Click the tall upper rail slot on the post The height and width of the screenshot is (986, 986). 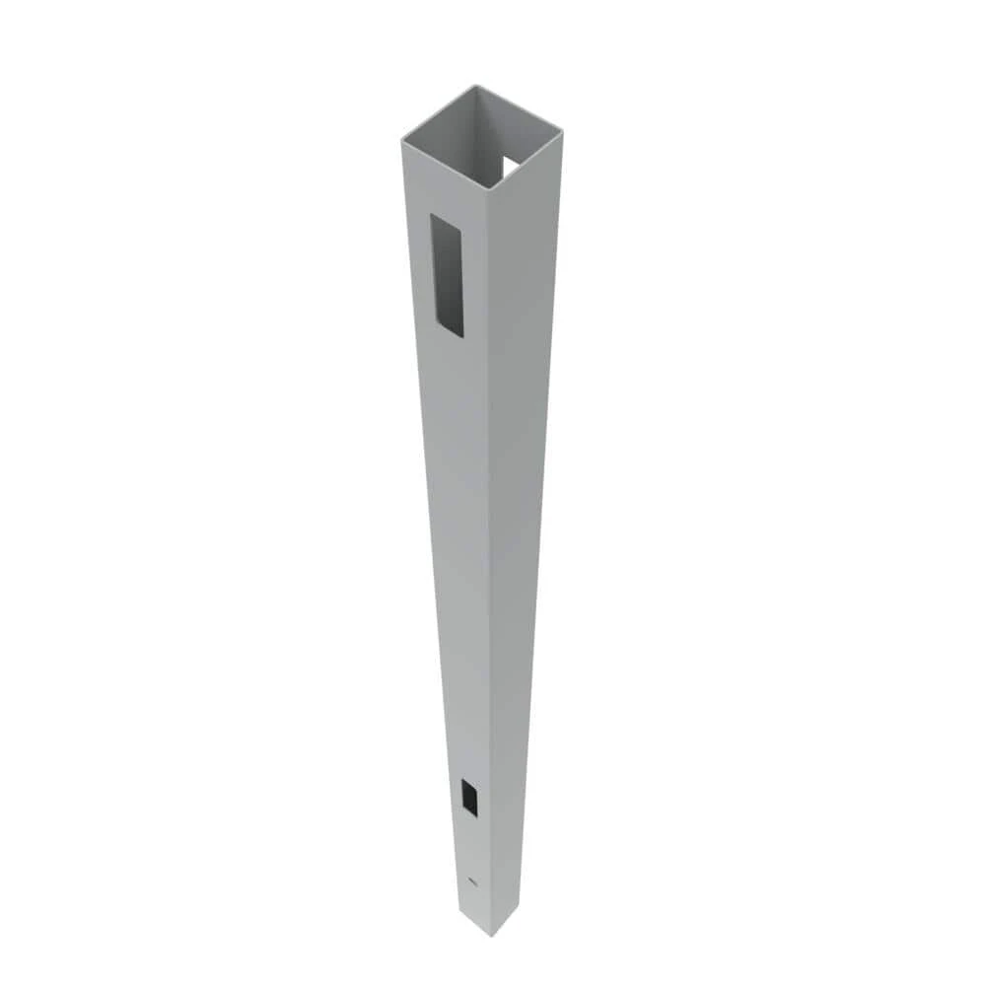pyautogui.click(x=447, y=276)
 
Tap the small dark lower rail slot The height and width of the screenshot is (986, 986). pyautogui.click(x=469, y=797)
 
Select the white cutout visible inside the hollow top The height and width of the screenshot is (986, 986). pyautogui.click(x=512, y=168)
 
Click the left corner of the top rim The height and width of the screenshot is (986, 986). pyautogui.click(x=402, y=140)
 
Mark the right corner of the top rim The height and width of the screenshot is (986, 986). pyautogui.click(x=560, y=130)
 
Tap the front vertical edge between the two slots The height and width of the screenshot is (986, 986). pyautogui.click(x=489, y=552)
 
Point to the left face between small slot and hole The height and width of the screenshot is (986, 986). pyautogui.click(x=471, y=848)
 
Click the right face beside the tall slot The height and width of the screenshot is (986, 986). pyautogui.click(x=523, y=276)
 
